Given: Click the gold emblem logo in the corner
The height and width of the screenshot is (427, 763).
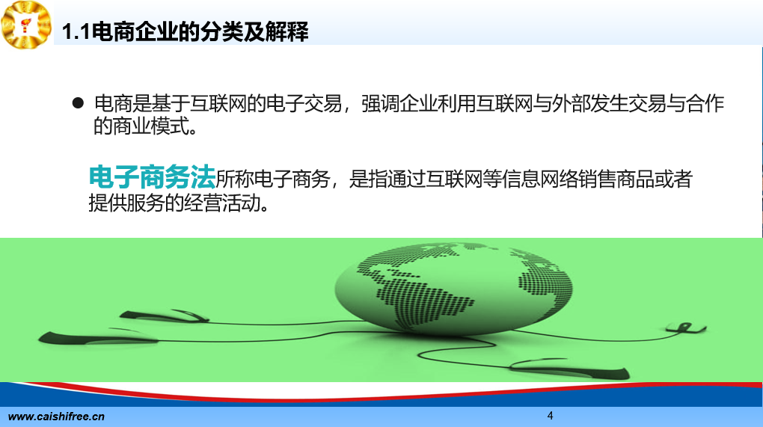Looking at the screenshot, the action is pyautogui.click(x=26, y=25).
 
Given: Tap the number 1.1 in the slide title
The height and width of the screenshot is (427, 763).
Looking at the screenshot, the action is pyautogui.click(x=76, y=32).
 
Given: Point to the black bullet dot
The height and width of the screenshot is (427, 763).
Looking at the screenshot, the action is pyautogui.click(x=78, y=102).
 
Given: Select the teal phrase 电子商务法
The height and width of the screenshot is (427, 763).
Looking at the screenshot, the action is pyautogui.click(x=152, y=176).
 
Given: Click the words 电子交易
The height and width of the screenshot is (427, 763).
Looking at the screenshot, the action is pyautogui.click(x=304, y=104).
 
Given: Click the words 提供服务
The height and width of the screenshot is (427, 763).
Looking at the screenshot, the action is pyautogui.click(x=126, y=203).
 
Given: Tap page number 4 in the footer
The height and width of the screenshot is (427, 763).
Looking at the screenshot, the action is pyautogui.click(x=551, y=415).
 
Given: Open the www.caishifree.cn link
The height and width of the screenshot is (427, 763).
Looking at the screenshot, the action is pyautogui.click(x=56, y=417).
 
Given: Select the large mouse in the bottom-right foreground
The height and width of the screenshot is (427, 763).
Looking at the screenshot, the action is pyautogui.click(x=570, y=368).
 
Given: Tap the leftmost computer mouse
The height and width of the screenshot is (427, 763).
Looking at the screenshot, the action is pyautogui.click(x=97, y=337).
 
